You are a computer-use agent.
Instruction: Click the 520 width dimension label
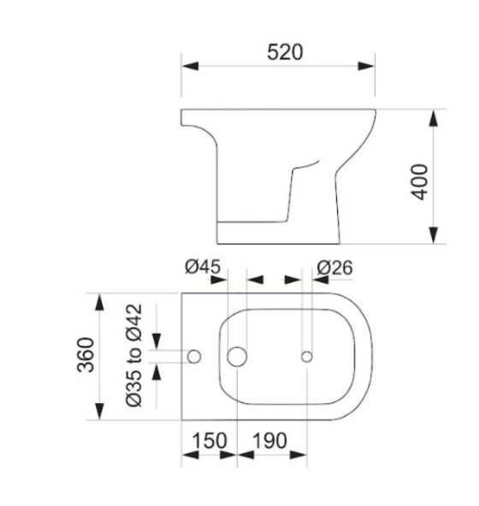point(285,52)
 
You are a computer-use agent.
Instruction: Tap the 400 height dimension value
point(419,182)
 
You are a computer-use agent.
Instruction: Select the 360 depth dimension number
point(86,354)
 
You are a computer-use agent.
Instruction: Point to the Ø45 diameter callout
point(203,267)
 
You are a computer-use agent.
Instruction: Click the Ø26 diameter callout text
point(334,267)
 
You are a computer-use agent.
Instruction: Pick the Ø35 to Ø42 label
point(133,355)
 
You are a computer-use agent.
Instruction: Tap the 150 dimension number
point(210,440)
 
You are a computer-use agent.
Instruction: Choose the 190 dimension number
point(269,440)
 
